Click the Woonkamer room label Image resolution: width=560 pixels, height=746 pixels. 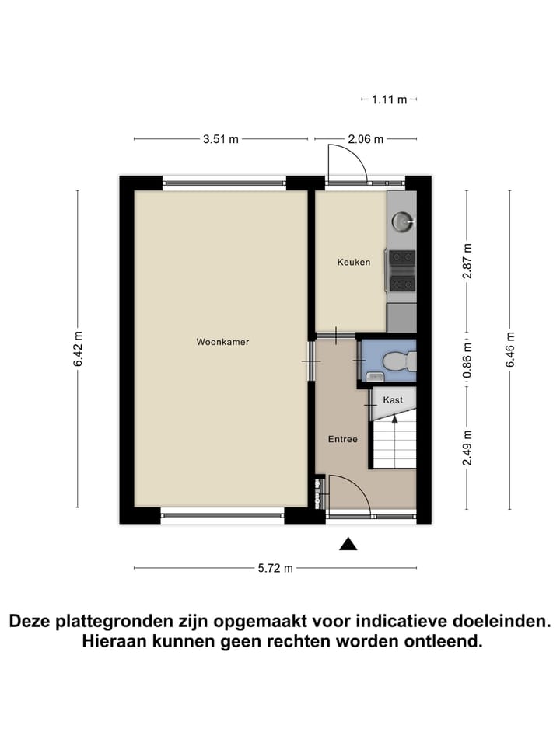[222, 341]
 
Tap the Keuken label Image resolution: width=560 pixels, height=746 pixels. [353, 262]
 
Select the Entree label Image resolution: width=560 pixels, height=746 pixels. [342, 439]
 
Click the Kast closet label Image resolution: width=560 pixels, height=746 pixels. [393, 399]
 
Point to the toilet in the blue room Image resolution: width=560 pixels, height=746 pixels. [399, 362]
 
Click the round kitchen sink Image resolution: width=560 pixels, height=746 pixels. [402, 221]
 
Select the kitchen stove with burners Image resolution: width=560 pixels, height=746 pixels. [402, 270]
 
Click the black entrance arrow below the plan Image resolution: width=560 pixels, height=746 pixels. [348, 544]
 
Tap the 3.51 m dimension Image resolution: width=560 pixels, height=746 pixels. [221, 139]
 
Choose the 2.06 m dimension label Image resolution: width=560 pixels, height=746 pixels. [366, 139]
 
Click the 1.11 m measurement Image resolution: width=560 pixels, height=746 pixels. [390, 99]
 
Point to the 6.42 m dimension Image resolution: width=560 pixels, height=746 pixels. [78, 350]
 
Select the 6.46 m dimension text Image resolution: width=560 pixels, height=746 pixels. [510, 350]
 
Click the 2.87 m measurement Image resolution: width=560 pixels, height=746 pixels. [467, 261]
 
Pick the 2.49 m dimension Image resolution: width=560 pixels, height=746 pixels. [467, 448]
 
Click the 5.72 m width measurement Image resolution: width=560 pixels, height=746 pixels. [275, 568]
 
